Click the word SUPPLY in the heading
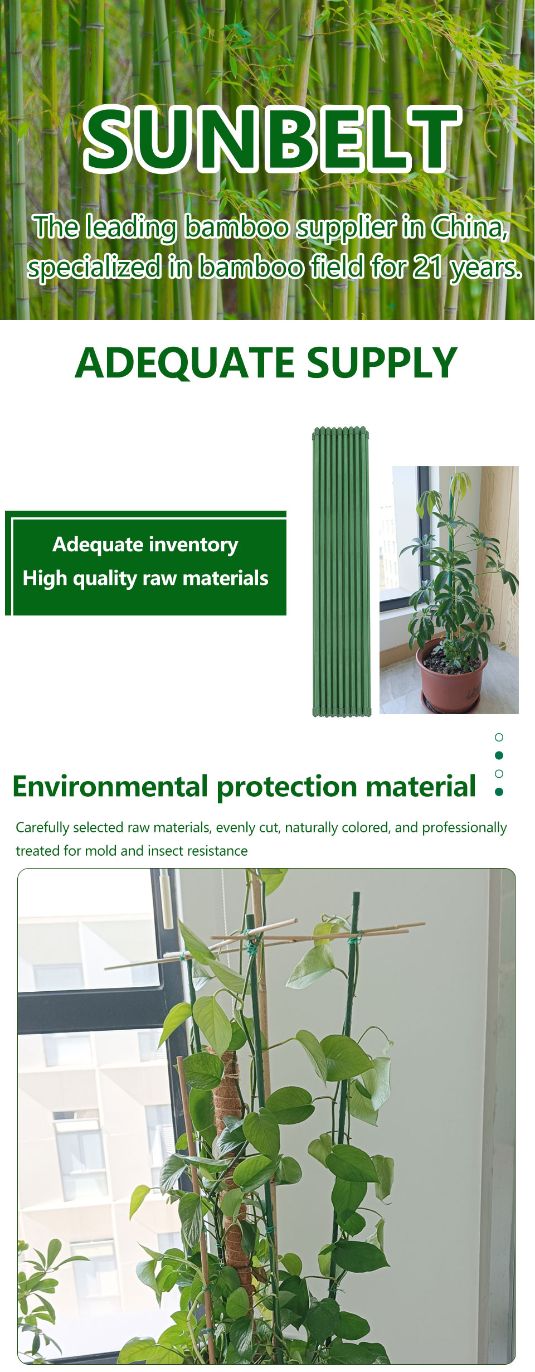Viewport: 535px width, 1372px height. coord(382,363)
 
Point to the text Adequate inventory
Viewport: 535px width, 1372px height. coord(145,545)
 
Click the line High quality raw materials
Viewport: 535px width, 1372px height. coord(145,579)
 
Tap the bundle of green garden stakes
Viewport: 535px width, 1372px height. coord(342,572)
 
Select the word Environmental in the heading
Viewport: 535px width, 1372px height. coord(110,787)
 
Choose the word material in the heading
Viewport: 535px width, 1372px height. coord(421,787)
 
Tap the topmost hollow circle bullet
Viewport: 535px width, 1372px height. coord(499,737)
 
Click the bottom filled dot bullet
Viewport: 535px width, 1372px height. coord(499,792)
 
